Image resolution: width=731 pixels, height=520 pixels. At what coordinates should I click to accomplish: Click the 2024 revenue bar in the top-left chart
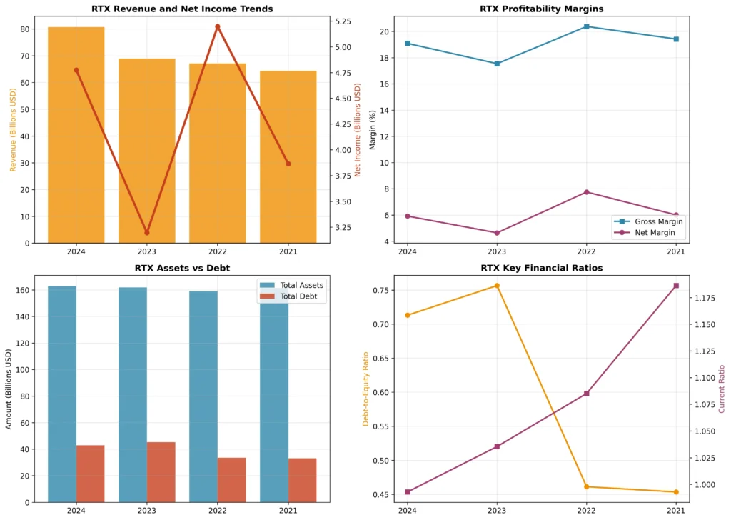point(76,136)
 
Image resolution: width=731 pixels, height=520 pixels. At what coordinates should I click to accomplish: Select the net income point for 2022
point(217,26)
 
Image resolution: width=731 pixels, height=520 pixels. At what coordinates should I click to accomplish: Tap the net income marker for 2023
point(146,233)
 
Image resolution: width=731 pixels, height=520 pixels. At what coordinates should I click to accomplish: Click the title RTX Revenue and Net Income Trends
point(182,9)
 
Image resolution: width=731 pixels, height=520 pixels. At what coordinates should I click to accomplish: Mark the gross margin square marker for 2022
point(586,26)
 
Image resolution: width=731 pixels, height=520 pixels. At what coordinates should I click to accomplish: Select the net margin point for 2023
point(497,233)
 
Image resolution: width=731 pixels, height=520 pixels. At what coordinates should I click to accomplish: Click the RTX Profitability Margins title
point(542,9)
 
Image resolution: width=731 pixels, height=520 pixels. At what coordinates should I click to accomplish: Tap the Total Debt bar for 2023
point(161,471)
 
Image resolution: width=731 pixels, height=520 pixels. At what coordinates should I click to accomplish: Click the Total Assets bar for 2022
point(203,396)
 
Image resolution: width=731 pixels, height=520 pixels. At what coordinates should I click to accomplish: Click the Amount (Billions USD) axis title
point(9,389)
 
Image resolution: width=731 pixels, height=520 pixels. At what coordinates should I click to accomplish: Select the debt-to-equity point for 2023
point(497,286)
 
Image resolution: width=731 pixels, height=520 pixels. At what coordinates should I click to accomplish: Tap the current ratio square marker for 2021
point(675,286)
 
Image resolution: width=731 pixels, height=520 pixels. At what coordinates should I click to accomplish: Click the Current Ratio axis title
point(721,389)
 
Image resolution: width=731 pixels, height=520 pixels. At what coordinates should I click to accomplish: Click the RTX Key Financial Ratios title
point(542,269)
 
